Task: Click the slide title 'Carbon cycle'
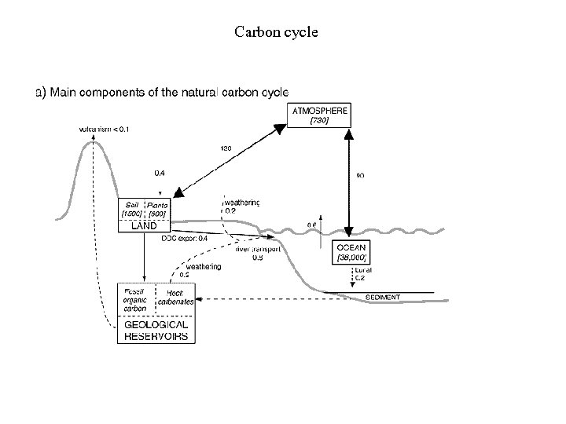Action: click(276, 33)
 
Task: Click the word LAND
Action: click(144, 225)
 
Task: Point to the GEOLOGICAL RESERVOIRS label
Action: click(156, 331)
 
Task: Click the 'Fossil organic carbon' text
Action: click(135, 299)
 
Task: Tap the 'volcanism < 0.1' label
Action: click(105, 129)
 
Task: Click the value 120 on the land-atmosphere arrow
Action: click(226, 148)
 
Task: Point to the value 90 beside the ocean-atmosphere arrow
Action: click(360, 176)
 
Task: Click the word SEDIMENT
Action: click(384, 298)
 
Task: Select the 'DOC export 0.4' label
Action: click(185, 237)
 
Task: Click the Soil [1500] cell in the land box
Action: click(130, 208)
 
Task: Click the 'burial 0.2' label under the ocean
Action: click(362, 273)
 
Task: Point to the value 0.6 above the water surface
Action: click(311, 226)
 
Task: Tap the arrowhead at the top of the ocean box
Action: click(347, 233)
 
